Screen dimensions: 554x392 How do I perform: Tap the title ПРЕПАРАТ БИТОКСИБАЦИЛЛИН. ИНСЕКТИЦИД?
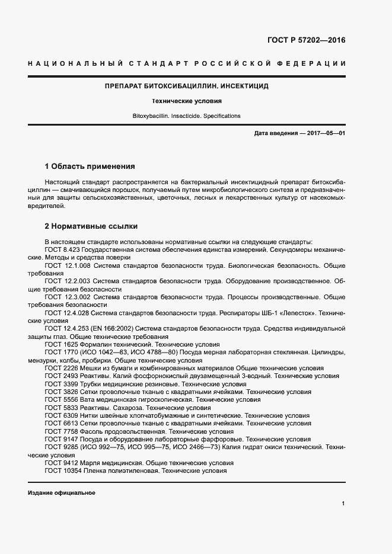tap(186, 86)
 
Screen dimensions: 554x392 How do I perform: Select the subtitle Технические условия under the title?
tap(186, 101)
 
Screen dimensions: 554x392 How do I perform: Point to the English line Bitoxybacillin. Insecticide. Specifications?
tap(186, 116)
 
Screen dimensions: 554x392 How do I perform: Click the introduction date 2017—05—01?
tap(326, 133)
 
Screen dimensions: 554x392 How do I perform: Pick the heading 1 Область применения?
tap(90, 166)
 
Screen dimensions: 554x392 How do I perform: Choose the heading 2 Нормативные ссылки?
tap(91, 226)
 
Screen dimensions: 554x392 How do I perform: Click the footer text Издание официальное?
tap(61, 493)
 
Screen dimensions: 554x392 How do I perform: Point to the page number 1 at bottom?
tap(343, 503)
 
